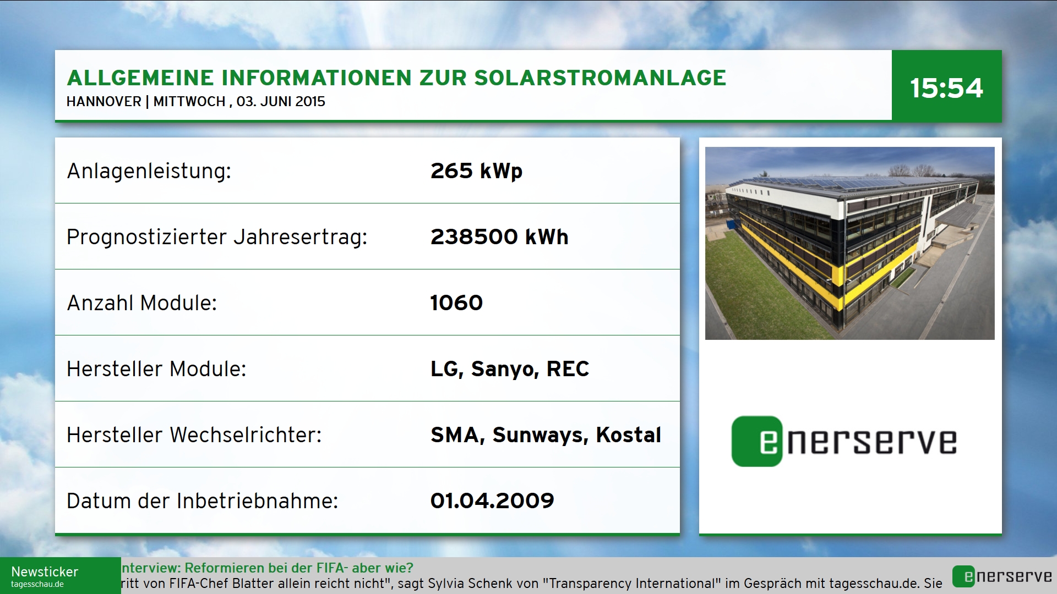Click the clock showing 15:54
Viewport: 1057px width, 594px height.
[x=946, y=88]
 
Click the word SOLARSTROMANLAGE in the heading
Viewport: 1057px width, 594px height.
[x=600, y=78]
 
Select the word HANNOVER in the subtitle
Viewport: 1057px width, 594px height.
[x=104, y=102]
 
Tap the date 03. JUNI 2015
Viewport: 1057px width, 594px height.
[x=281, y=102]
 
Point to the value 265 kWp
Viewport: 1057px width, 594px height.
[x=476, y=171]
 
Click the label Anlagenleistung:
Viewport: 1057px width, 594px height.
[x=149, y=171]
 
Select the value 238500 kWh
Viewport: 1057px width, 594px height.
[x=499, y=237]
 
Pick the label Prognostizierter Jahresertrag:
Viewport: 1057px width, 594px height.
[x=217, y=237]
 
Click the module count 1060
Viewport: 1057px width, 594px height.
[x=456, y=303]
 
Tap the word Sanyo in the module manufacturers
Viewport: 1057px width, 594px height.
[x=505, y=369]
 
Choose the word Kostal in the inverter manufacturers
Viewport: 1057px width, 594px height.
[x=628, y=435]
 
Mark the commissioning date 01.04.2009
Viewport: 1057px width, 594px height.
[x=492, y=501]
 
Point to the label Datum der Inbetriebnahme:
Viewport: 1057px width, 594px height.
[x=202, y=501]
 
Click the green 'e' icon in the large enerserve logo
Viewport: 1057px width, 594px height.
[x=757, y=441]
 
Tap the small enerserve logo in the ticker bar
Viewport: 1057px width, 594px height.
[x=1002, y=576]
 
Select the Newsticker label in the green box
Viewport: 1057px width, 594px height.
[x=45, y=572]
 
